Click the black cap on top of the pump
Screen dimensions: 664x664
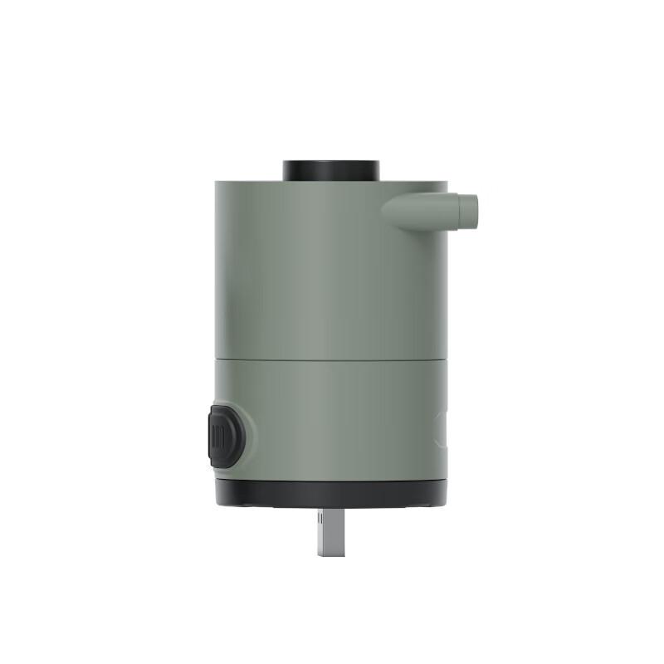point(331,169)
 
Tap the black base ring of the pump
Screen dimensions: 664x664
point(331,493)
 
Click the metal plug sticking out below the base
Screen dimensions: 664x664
point(330,531)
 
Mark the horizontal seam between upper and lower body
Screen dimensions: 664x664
point(331,359)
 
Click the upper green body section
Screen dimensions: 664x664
point(324,274)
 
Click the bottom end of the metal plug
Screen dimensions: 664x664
point(330,553)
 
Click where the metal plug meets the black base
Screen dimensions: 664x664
point(330,508)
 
